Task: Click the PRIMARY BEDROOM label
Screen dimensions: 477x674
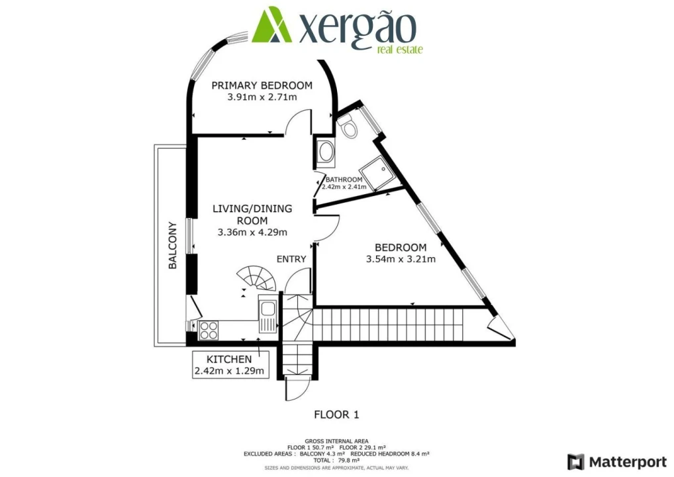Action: click(262, 85)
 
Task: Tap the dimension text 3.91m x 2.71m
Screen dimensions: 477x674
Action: click(262, 97)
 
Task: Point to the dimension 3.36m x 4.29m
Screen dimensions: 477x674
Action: click(252, 233)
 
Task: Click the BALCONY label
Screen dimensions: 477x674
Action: click(173, 244)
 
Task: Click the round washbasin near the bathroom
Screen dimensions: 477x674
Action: click(326, 153)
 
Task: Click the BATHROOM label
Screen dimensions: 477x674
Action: click(344, 180)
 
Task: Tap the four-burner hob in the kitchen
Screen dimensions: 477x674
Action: click(209, 326)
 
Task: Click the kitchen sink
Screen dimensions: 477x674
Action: click(268, 310)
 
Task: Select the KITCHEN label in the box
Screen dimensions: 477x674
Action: click(229, 359)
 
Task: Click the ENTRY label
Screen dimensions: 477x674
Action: click(291, 259)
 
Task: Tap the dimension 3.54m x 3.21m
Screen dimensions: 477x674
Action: click(401, 259)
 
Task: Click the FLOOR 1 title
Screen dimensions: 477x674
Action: click(336, 415)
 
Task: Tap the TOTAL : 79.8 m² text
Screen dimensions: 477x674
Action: click(337, 460)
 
